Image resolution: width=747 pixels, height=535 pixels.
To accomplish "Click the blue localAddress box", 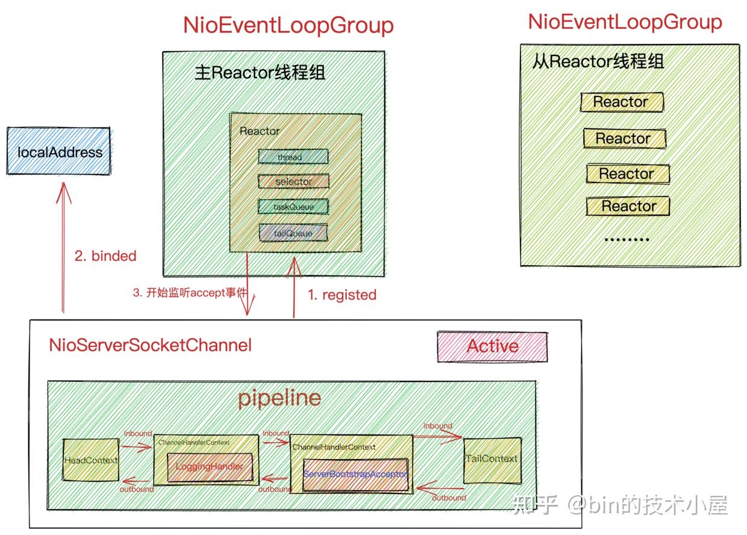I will pyautogui.click(x=59, y=151).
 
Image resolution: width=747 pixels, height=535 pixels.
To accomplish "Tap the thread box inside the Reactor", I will pyautogui.click(x=293, y=157).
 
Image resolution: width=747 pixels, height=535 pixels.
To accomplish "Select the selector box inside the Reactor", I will pyautogui.click(x=293, y=181).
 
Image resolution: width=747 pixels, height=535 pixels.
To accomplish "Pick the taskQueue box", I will pyautogui.click(x=293, y=207).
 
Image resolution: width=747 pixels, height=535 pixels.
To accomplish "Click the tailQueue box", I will pyautogui.click(x=293, y=233).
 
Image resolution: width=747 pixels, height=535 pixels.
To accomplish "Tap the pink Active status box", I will pyautogui.click(x=492, y=346).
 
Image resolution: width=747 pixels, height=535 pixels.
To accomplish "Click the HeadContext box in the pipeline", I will pyautogui.click(x=90, y=460).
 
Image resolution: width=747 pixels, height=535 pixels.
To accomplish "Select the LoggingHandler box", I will pyautogui.click(x=209, y=467).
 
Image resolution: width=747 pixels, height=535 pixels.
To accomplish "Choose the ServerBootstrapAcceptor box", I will pyautogui.click(x=355, y=474).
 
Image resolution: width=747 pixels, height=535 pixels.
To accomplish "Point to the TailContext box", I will pyautogui.click(x=491, y=459).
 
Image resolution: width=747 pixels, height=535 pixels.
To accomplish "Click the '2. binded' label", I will pyautogui.click(x=105, y=256).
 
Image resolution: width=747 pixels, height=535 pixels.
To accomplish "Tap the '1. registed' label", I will pyautogui.click(x=342, y=295).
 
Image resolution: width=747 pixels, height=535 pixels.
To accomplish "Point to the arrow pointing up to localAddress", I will pyautogui.click(x=63, y=247).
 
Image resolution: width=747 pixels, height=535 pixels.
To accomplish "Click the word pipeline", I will pyautogui.click(x=279, y=398).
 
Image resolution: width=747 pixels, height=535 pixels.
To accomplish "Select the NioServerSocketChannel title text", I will pyautogui.click(x=150, y=345).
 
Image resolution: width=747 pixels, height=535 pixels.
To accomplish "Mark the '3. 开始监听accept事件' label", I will pyautogui.click(x=189, y=294).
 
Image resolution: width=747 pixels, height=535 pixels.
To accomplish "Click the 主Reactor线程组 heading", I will pyautogui.click(x=260, y=74).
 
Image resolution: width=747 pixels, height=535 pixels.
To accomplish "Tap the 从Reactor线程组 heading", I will pyautogui.click(x=598, y=61).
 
